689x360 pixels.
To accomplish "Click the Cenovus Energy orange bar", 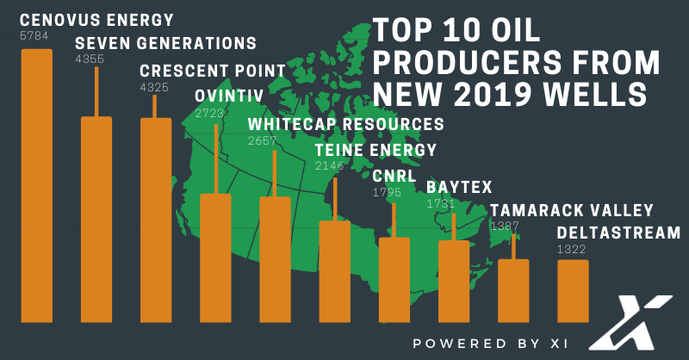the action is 37,185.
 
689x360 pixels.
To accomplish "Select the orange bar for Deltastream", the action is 573,291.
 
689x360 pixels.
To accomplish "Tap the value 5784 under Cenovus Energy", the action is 34,35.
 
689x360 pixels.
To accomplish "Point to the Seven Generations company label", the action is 165,44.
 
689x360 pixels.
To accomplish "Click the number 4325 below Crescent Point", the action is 154,88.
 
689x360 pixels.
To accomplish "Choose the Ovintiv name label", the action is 229,96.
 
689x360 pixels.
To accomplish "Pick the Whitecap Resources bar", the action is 275,259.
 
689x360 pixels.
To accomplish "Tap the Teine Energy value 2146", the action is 329,165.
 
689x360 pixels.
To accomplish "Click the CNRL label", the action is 394,177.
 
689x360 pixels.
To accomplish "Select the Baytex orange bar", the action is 454,282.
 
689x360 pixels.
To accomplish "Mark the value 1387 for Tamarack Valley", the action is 505,226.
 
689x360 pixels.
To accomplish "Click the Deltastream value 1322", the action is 571,249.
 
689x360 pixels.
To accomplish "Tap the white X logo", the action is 630,323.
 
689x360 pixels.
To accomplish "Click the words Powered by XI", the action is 490,344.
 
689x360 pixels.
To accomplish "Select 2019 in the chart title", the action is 486,94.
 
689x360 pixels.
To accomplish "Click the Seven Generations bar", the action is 96,220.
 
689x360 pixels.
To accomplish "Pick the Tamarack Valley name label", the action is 572,210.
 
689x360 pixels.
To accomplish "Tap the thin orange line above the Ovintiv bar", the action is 216,159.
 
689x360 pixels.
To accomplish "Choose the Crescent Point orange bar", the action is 156,220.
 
